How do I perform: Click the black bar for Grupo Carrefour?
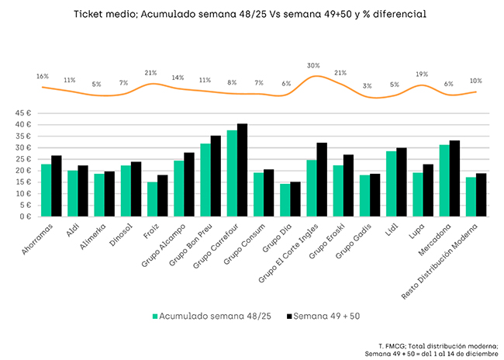[243, 171]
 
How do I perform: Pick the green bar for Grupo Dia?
[285, 200]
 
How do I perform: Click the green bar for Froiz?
[152, 199]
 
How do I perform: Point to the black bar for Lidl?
[402, 182]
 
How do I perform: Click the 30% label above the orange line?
[313, 66]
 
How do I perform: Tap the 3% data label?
[367, 86]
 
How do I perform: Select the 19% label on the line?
[421, 74]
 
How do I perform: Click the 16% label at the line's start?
[42, 77]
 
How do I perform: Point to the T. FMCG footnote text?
[438, 344]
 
